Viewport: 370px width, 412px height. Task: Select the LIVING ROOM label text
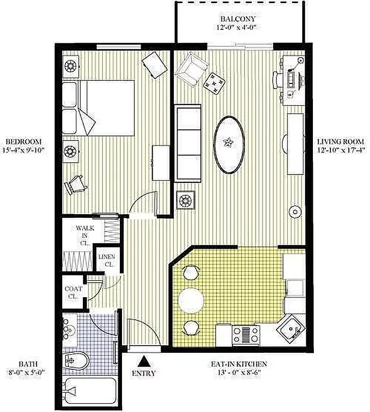340,142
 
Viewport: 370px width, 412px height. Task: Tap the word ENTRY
144,373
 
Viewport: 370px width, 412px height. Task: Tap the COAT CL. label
73,292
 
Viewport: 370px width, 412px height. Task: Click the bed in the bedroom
103,107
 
